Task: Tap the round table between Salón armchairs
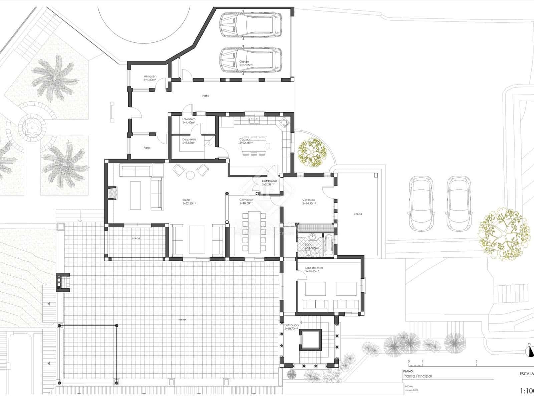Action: (x=190, y=175)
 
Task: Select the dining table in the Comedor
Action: (x=254, y=231)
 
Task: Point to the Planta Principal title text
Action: (x=417, y=376)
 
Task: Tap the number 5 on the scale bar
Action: (x=476, y=361)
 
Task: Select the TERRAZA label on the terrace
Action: (x=182, y=320)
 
